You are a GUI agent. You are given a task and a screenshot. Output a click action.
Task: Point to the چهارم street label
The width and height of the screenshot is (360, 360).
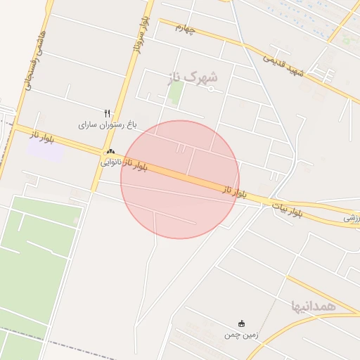click(x=184, y=28)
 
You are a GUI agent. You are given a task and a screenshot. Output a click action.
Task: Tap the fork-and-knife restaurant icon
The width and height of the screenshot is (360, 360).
click(x=107, y=112)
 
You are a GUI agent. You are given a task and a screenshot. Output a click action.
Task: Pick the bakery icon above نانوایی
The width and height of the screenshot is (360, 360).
click(x=110, y=151)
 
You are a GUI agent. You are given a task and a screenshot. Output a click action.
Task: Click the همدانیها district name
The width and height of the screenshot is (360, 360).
click(x=314, y=306)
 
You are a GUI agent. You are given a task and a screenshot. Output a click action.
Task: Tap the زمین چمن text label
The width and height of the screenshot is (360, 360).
click(x=241, y=335)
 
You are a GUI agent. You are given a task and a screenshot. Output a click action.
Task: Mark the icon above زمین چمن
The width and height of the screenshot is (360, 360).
click(x=241, y=323)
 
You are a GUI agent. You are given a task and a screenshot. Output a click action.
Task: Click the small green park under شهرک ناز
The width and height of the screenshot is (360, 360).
click(x=175, y=93)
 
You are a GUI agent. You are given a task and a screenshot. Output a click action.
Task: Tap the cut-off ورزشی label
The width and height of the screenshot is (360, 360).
click(x=351, y=219)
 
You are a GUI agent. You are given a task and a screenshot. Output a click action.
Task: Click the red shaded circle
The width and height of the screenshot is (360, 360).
click(x=180, y=179)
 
